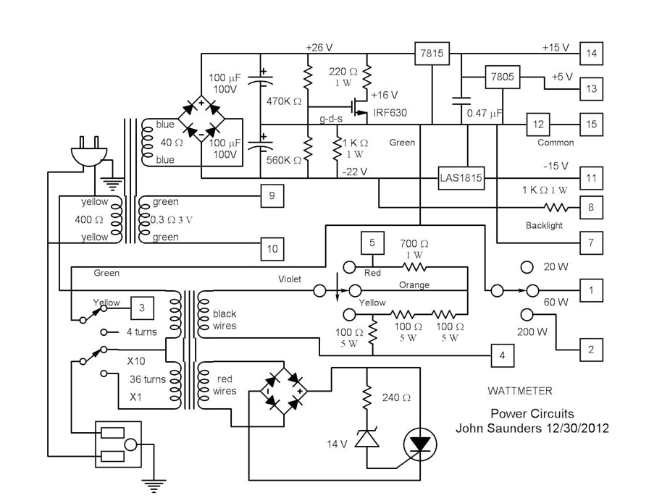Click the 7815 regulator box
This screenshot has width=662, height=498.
432,54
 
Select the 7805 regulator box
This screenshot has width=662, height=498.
504,77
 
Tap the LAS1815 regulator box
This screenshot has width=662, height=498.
461,177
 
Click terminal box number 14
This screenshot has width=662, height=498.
591,54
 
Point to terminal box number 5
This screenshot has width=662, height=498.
372,242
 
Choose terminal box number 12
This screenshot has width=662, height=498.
538,124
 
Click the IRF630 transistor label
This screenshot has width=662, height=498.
390,114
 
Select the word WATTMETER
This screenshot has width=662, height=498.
519,392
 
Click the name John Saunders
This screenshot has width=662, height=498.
503,428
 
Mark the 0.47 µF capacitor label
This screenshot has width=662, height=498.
485,114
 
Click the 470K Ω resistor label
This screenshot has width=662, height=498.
284,101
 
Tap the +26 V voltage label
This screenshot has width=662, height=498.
319,47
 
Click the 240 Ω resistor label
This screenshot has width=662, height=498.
396,397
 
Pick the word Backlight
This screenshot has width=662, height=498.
544,226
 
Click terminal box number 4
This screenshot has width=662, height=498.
501,355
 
